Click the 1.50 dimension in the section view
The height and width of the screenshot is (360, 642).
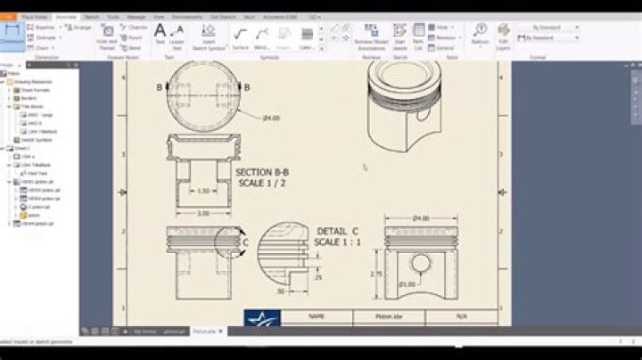click(x=202, y=191)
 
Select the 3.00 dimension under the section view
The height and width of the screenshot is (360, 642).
click(x=202, y=213)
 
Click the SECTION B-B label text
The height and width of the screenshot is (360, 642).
click(x=261, y=172)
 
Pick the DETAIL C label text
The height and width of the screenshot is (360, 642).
click(x=338, y=232)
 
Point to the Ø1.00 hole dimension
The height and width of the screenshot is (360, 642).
click(x=407, y=284)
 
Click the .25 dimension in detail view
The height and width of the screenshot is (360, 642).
click(x=318, y=277)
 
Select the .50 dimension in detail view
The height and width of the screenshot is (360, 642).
click(x=280, y=291)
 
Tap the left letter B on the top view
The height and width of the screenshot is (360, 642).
click(x=160, y=87)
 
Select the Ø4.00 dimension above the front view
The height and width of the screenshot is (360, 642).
click(x=421, y=218)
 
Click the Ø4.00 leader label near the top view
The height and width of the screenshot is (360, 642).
click(x=271, y=118)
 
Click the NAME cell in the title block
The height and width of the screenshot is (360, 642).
click(x=316, y=316)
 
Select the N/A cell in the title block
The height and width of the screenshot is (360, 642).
click(x=461, y=316)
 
